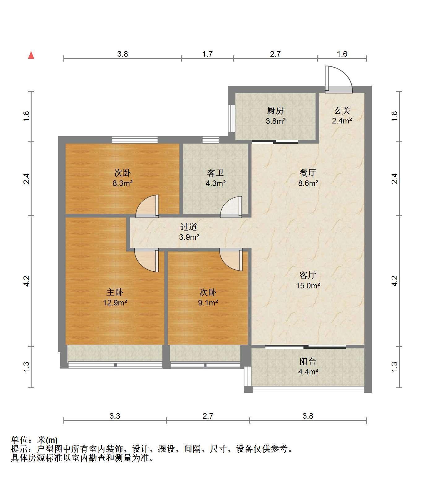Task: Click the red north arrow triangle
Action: pyautogui.click(x=31, y=55)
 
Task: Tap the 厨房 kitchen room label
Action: pyautogui.click(x=275, y=111)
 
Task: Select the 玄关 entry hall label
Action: pyautogui.click(x=342, y=111)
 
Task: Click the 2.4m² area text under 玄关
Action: pyautogui.click(x=342, y=121)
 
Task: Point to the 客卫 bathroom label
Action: pyautogui.click(x=215, y=173)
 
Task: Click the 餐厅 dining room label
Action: pyautogui.click(x=308, y=173)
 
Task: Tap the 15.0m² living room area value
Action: pyautogui.click(x=308, y=286)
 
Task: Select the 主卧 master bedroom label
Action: pyautogui.click(x=115, y=292)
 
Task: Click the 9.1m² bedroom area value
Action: pyautogui.click(x=208, y=303)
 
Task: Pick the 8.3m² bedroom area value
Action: pyautogui.click(x=123, y=183)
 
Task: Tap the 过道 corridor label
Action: pyautogui.click(x=189, y=227)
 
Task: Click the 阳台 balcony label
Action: pyautogui.click(x=308, y=361)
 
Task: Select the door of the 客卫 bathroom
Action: pyautogui.click(x=231, y=207)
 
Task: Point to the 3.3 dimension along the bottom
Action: pyautogui.click(x=115, y=416)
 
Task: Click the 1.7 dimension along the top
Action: pyautogui.click(x=208, y=54)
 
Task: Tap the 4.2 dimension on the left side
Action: pyautogui.click(x=27, y=281)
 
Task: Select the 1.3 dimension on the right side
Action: pyautogui.click(x=394, y=367)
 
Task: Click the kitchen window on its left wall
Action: pyautogui.click(x=232, y=118)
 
